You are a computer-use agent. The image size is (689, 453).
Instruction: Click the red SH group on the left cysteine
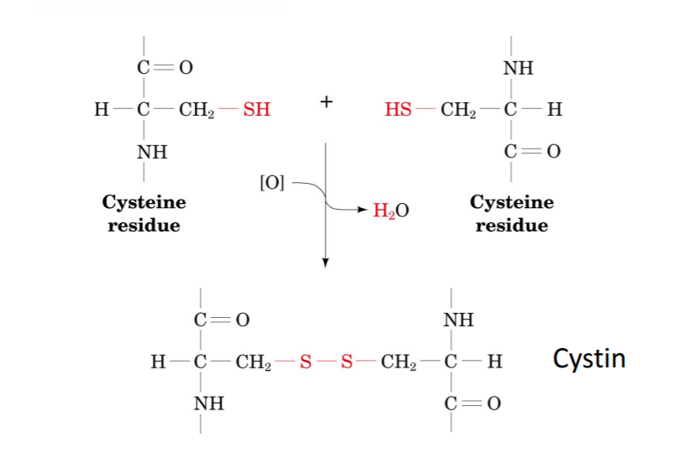(257, 109)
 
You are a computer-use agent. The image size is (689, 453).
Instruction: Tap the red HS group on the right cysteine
(399, 109)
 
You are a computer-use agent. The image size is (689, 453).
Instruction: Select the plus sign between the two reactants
(326, 102)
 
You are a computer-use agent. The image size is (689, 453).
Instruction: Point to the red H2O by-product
(391, 210)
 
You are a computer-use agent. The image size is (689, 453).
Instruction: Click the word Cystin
(589, 359)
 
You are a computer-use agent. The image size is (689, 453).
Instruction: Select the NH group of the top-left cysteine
(152, 153)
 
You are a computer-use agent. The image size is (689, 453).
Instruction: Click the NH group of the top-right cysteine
(518, 68)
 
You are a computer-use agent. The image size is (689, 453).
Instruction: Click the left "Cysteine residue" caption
(144, 214)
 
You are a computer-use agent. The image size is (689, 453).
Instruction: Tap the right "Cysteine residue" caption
(512, 214)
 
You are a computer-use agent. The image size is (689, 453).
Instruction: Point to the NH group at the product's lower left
(209, 404)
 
